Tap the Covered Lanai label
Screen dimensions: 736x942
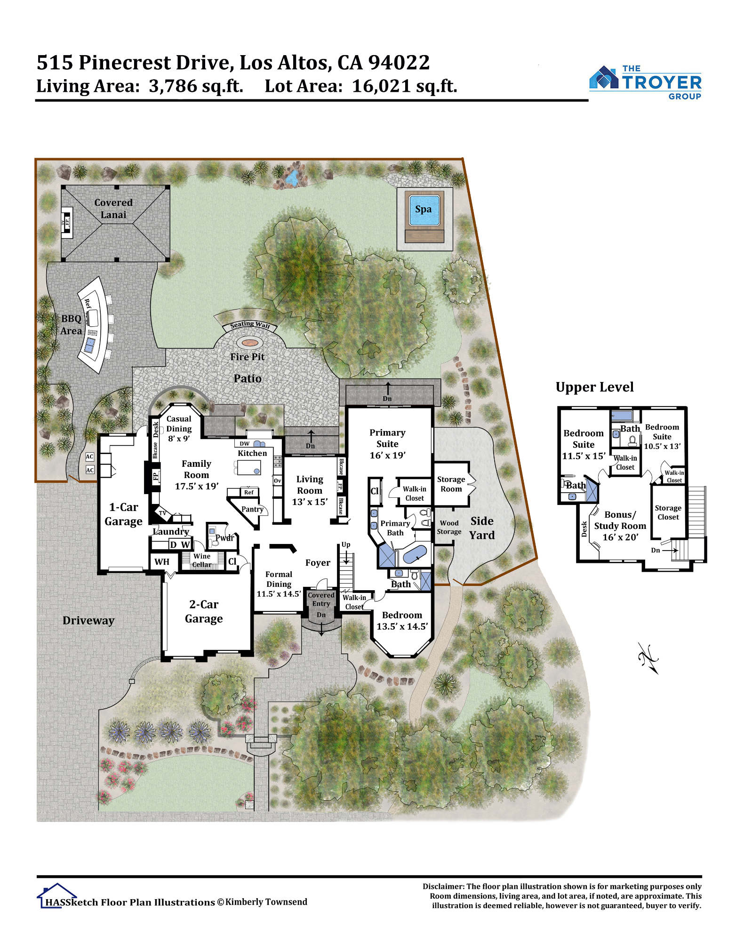(113, 209)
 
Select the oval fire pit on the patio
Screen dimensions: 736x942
(250, 342)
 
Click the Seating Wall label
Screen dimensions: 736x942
(250, 325)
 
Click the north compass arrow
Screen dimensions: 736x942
(648, 658)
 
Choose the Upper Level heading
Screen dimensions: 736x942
(595, 387)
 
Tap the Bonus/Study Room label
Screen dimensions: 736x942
(620, 526)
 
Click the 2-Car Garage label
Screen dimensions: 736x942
(204, 611)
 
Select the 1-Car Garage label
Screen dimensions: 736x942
(123, 514)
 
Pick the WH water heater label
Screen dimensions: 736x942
(161, 561)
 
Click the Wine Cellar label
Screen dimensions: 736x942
(202, 560)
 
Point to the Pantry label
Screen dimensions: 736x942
(252, 509)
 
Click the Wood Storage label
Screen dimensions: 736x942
(449, 527)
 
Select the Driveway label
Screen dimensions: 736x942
(88, 620)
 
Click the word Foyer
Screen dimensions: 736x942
(318, 562)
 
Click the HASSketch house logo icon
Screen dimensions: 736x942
(56, 895)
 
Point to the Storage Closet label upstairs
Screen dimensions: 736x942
(668, 512)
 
